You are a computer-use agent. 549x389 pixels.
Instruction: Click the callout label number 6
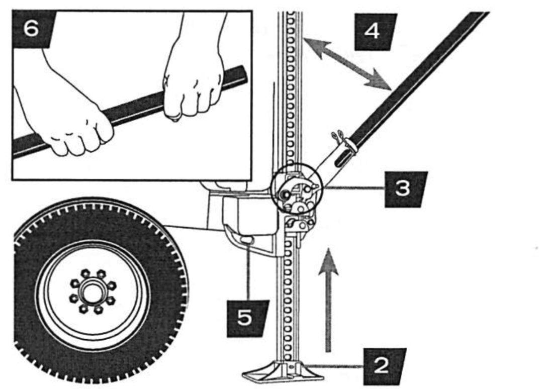(x=31, y=29)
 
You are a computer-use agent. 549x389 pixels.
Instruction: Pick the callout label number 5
(x=246, y=318)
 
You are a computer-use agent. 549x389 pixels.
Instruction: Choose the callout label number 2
(x=382, y=366)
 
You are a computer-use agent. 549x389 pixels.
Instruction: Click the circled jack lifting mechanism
(x=297, y=189)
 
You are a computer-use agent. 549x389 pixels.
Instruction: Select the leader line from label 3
(x=354, y=188)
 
